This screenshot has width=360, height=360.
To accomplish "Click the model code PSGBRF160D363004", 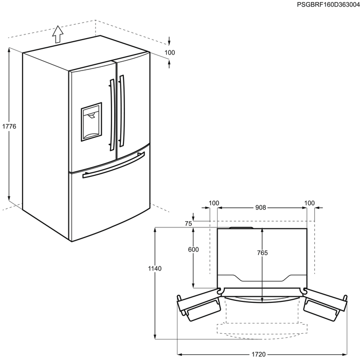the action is pyautogui.click(x=328, y=5).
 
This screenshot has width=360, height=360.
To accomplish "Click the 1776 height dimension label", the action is pyautogui.click(x=9, y=127).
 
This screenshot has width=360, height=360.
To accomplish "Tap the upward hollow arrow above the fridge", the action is pyautogui.click(x=58, y=34).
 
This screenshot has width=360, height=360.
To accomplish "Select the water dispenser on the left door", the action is pyautogui.click(x=91, y=122).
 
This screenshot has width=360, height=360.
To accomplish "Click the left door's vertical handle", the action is pyautogui.click(x=112, y=115).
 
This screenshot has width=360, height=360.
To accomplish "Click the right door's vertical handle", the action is pyautogui.click(x=122, y=111).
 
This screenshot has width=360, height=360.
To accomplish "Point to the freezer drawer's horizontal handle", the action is pyautogui.click(x=114, y=165).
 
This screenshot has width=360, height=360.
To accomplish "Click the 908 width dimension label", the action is pyautogui.click(x=261, y=208).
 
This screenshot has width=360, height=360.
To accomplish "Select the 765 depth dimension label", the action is pyautogui.click(x=262, y=253).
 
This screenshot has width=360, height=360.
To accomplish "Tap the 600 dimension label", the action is pyautogui.click(x=193, y=249).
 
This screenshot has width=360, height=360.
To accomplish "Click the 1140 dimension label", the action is pyautogui.click(x=155, y=268).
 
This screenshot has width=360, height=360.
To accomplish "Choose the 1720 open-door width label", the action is pyautogui.click(x=259, y=354).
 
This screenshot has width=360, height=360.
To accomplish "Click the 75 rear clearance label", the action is pyautogui.click(x=188, y=223).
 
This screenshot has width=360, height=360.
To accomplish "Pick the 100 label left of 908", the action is pyautogui.click(x=214, y=203).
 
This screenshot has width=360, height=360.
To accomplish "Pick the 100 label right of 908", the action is pyautogui.click(x=309, y=203).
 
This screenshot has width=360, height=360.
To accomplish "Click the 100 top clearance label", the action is pyautogui.click(x=170, y=52).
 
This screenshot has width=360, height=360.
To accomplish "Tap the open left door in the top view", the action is pyautogui.click(x=199, y=304).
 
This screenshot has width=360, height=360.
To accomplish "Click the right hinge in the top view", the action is pyautogui.click(x=304, y=291).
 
